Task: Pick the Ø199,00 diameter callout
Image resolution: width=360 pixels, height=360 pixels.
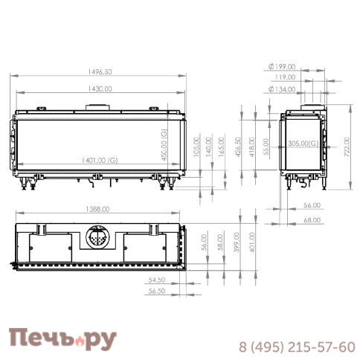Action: [x=282, y=66]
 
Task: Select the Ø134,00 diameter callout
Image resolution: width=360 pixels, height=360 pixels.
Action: [x=282, y=90]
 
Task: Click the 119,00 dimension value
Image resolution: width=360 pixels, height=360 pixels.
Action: [x=284, y=77]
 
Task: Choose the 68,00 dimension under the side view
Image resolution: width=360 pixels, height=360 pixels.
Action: [x=312, y=220]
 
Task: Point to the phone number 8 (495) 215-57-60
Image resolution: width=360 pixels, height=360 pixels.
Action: [x=297, y=347]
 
